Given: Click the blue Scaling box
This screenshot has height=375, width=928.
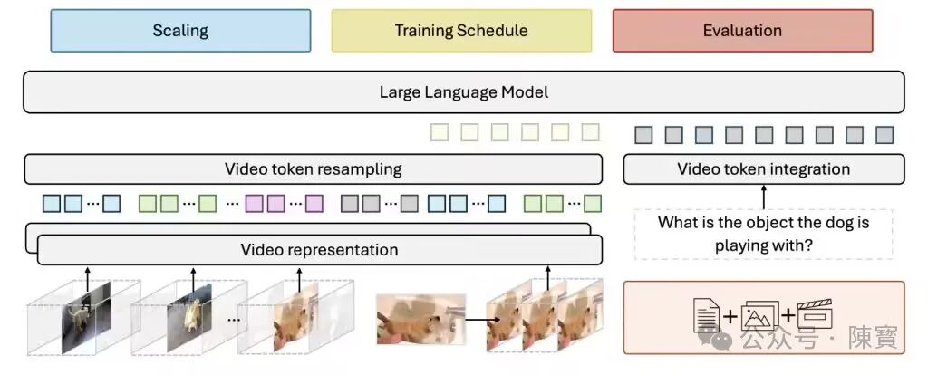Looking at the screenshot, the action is click(x=180, y=31).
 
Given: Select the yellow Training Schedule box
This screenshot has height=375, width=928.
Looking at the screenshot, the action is click(x=461, y=31).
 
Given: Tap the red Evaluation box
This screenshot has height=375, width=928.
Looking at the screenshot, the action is click(x=743, y=31).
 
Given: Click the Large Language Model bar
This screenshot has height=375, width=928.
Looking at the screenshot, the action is click(x=464, y=92).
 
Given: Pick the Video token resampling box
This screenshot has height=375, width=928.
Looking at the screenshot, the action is click(x=313, y=169).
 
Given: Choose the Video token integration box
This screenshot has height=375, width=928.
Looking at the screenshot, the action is click(x=763, y=169).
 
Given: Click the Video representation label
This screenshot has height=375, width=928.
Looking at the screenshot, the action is click(x=320, y=250).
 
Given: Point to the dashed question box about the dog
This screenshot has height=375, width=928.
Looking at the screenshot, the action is click(x=763, y=235).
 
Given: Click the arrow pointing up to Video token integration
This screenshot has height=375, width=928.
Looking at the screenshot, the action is click(x=763, y=197).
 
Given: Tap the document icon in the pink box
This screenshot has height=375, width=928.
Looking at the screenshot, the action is click(x=707, y=315).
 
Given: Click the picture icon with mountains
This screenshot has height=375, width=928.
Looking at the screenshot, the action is click(x=759, y=316).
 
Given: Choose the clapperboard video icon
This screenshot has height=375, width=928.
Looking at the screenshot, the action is click(x=816, y=314).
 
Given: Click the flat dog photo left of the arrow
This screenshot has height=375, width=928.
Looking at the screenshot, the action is click(x=421, y=320).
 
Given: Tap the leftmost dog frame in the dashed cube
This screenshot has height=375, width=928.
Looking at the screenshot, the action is click(x=86, y=318).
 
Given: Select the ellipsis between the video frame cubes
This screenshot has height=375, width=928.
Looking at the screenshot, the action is click(x=234, y=320).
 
